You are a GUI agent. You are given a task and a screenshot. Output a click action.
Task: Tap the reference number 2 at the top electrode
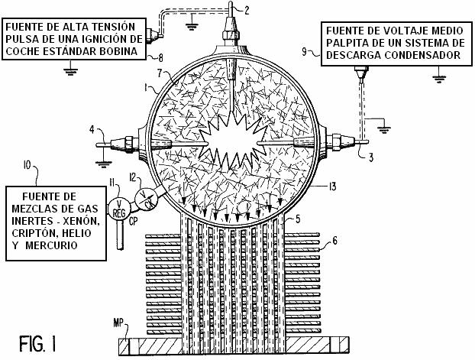247,10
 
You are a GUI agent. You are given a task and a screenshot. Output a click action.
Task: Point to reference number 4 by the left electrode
92,131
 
